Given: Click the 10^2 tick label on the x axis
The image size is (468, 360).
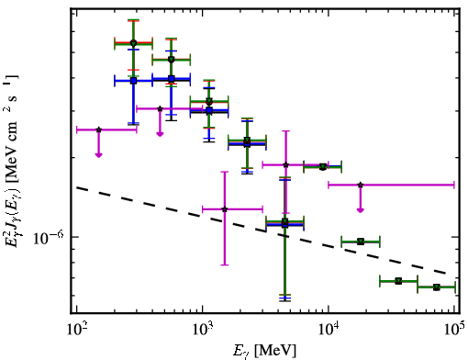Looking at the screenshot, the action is pos(76,330).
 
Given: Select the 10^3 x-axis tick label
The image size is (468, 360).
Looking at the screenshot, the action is pos(202,330).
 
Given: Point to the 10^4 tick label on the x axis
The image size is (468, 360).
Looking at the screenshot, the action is pos(329,330).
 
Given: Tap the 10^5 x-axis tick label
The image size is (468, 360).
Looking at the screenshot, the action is pos(454,330).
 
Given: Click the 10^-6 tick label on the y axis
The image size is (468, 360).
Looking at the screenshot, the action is pos(49,238).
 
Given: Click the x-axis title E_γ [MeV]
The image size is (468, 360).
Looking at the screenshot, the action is pos(265,351).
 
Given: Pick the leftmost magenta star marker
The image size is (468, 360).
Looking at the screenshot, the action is pos(98,129).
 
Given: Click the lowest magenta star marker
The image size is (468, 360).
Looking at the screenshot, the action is pos(225,209).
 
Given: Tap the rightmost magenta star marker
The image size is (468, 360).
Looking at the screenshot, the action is pos(361,185).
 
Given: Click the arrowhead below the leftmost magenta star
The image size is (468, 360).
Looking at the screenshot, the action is pos(98,155).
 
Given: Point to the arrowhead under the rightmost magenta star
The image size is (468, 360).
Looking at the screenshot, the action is pos(361,209).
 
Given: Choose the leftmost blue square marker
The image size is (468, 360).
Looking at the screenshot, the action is pos(133,81).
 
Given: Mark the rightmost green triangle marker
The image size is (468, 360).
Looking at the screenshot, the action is pos(437,287).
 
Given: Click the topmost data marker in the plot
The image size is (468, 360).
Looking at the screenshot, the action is pos(133,43).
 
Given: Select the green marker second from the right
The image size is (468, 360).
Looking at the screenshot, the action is pos(398,281).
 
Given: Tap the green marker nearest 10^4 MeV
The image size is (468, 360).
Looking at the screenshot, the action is pos(323,167).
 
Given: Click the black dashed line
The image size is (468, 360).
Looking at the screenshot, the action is pos(262,231).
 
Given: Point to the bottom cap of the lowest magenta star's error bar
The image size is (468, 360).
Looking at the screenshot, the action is pos(225,264).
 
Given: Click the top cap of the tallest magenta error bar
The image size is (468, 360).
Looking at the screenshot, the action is pos(285,131).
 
